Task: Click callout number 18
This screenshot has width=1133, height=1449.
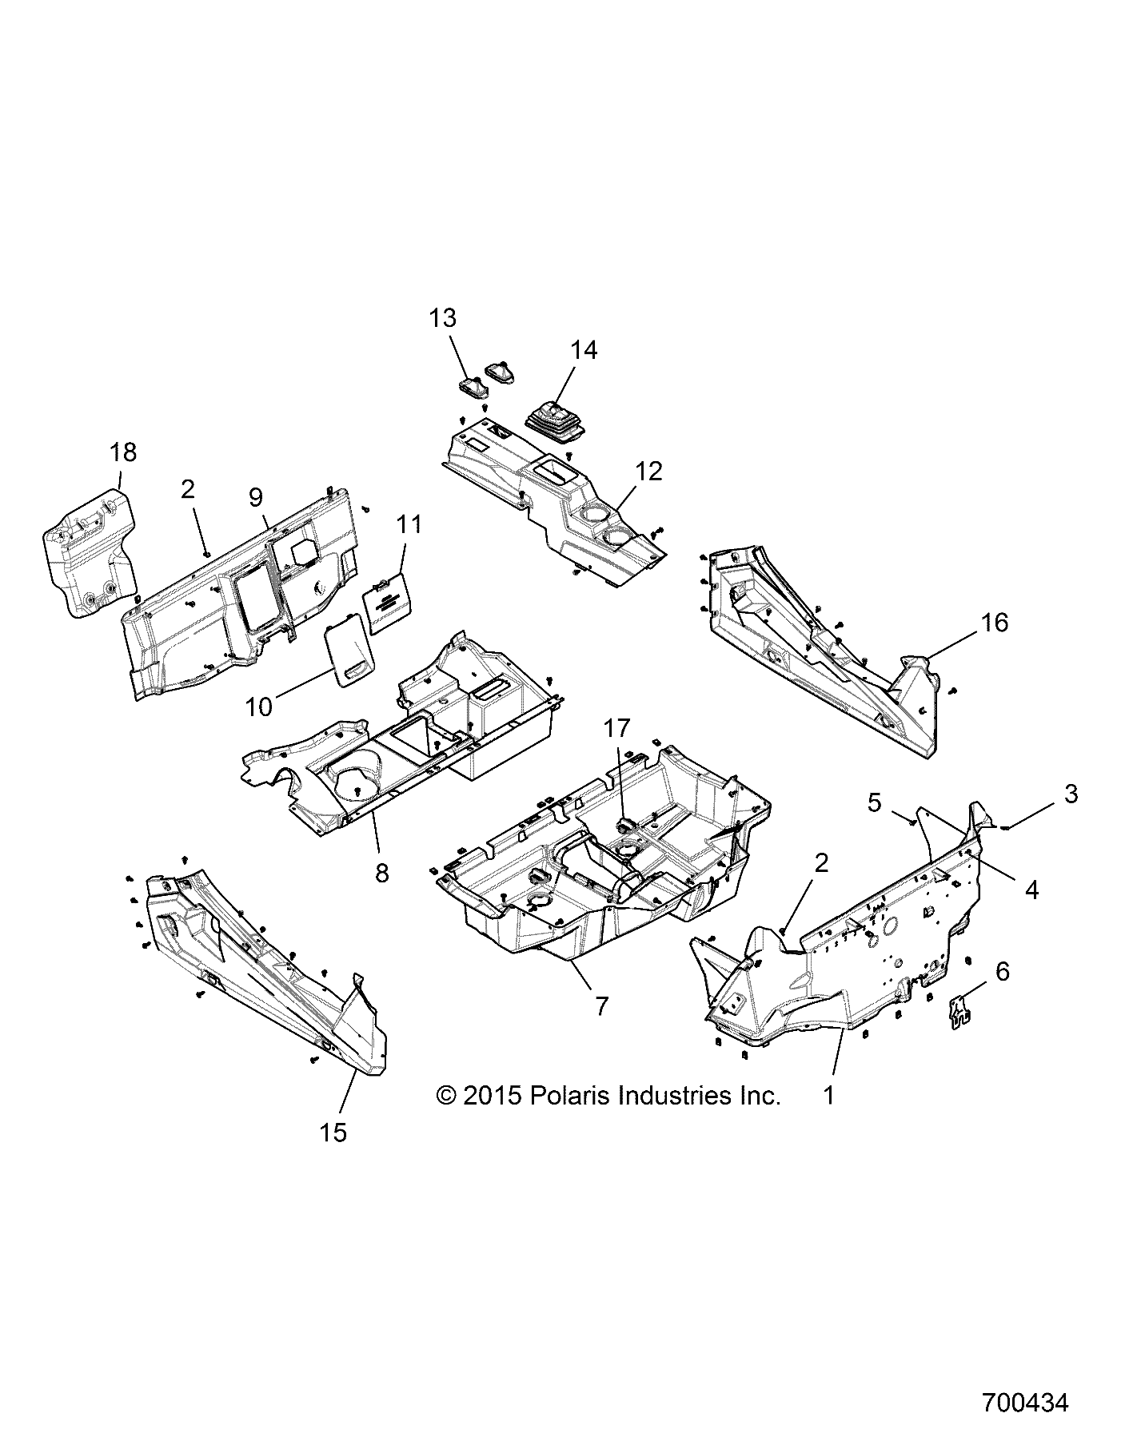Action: point(123,452)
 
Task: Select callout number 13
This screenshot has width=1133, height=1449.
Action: point(442,317)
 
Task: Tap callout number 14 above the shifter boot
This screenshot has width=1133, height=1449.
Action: point(584,350)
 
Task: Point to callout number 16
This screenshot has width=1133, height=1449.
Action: point(995,621)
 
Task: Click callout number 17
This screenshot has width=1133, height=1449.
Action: point(616,728)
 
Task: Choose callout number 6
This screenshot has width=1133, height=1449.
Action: point(1002,971)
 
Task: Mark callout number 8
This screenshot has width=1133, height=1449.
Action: point(381,874)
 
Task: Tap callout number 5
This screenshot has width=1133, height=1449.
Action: point(875,802)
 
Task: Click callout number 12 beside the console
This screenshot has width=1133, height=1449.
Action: point(648,472)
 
